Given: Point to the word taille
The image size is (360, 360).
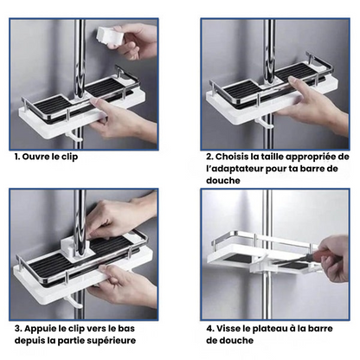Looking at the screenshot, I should pyautogui.click(x=275, y=158).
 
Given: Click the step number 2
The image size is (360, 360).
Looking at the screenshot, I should pyautogui.click(x=210, y=158).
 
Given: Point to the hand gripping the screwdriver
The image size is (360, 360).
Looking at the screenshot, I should pyautogui.click(x=333, y=260).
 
